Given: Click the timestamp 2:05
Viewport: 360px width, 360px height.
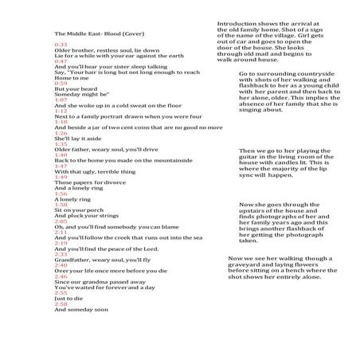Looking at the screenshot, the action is point(61,221).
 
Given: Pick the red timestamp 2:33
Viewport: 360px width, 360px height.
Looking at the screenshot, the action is point(61,254).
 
